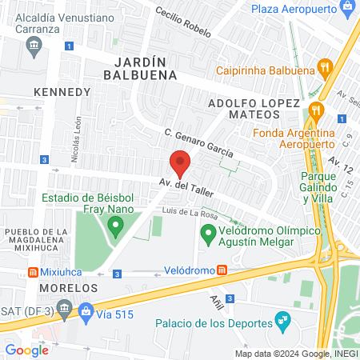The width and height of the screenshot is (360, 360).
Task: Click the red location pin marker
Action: (181, 163)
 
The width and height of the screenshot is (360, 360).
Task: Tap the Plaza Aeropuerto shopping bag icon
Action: (347, 9)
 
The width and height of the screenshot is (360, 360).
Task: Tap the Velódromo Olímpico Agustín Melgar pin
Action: (209, 234)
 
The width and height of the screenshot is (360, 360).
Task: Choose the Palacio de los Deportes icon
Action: (282, 322)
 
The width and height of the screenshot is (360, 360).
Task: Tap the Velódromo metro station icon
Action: (222, 270)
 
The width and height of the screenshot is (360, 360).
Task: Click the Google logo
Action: (26, 350)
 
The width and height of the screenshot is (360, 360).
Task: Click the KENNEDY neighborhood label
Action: (63, 92)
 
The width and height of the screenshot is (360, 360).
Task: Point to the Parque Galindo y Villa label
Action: (326, 183)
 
